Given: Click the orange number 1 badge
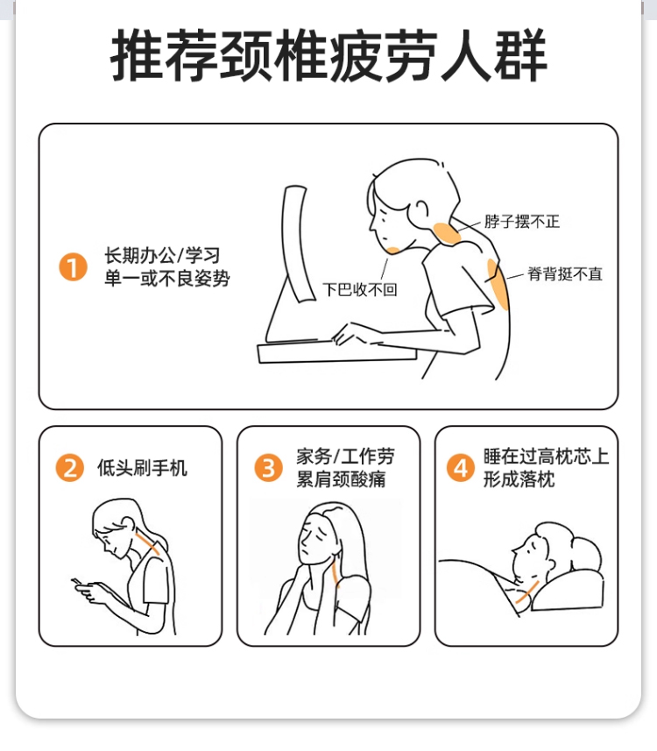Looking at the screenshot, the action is pyautogui.click(x=73, y=266).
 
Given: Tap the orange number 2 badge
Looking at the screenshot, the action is pyautogui.click(x=70, y=467).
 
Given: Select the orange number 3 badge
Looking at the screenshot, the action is pyautogui.click(x=268, y=467).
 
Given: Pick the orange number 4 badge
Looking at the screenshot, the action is pyautogui.click(x=461, y=467).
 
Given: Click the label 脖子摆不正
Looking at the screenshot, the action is pyautogui.click(x=522, y=222).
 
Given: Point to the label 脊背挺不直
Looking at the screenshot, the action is pyautogui.click(x=565, y=274).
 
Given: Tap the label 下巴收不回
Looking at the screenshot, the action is pyautogui.click(x=360, y=289).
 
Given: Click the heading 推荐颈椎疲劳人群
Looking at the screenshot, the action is pyautogui.click(x=328, y=55).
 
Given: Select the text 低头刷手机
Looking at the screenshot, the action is pyautogui.click(x=142, y=467).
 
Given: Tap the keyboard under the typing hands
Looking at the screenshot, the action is pyautogui.click(x=337, y=352).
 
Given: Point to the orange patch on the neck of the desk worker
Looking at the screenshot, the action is pyautogui.click(x=445, y=234).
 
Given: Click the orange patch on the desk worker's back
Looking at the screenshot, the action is pyautogui.click(x=498, y=284).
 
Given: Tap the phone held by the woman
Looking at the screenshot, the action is pyautogui.click(x=78, y=583).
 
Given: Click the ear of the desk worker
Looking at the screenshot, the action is pyautogui.click(x=421, y=209).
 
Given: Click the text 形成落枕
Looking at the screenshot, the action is pyautogui.click(x=519, y=479).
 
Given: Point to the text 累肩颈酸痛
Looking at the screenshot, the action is pyautogui.click(x=341, y=479).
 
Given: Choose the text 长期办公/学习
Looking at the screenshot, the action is pyautogui.click(x=162, y=255).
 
